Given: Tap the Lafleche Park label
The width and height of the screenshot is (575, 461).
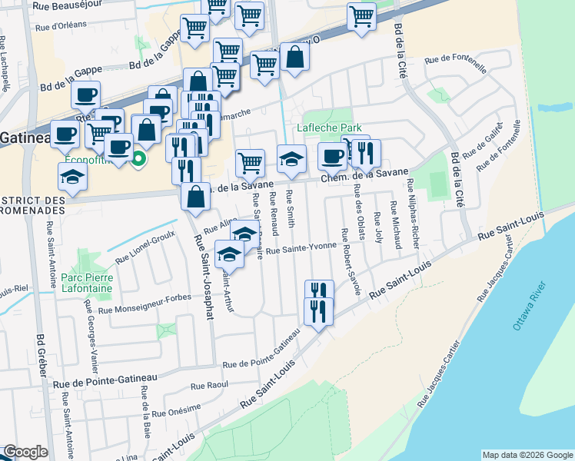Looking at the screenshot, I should (330, 128).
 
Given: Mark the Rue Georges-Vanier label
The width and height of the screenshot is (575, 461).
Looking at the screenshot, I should (91, 327).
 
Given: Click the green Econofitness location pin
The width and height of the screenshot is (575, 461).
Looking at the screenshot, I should (138, 159).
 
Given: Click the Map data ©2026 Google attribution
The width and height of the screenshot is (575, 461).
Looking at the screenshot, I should (527, 455).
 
